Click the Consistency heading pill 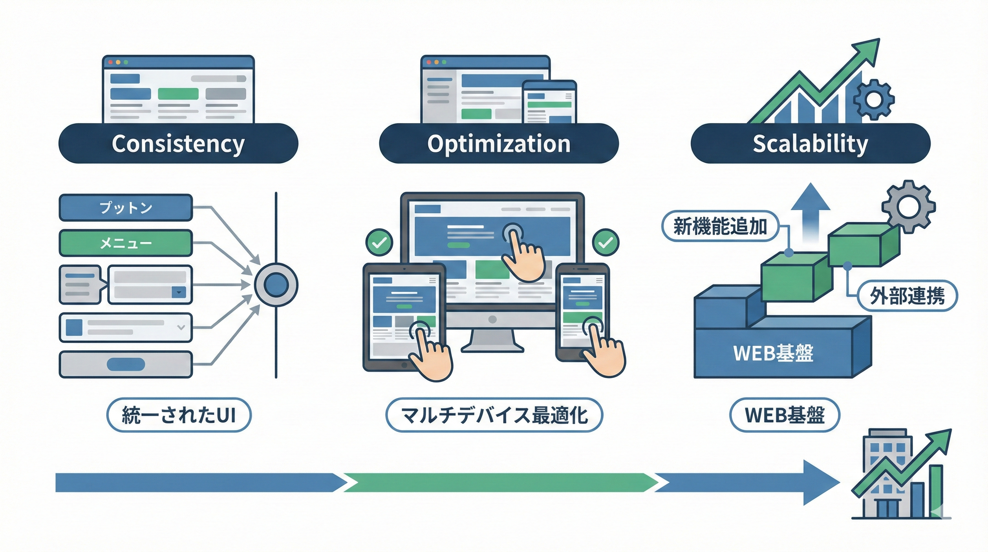(x=178, y=143)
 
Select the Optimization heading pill (x=499, y=143)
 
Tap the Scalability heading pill (x=810, y=143)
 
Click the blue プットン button (x=126, y=208)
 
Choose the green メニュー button (x=126, y=243)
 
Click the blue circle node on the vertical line (x=276, y=285)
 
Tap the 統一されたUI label (x=179, y=415)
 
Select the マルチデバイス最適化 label (x=494, y=415)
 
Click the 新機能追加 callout (x=720, y=226)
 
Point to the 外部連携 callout (x=907, y=295)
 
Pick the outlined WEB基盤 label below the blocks (x=785, y=415)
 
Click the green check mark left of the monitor (x=379, y=243)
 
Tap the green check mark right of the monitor (x=606, y=243)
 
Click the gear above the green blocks (x=908, y=207)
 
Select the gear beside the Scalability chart (x=874, y=100)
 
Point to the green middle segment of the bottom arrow (x=499, y=483)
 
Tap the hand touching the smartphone (x=602, y=353)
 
